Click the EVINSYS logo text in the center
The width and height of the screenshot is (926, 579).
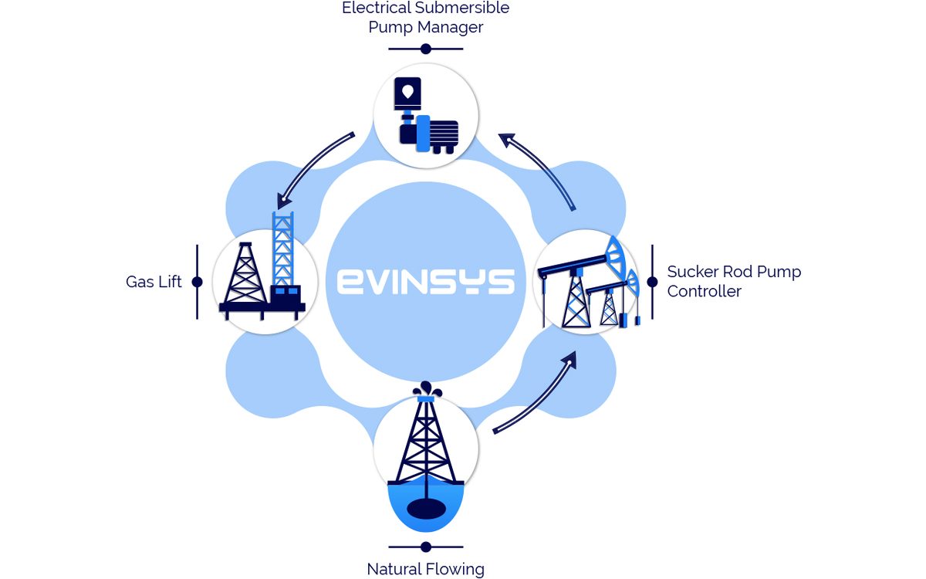426,282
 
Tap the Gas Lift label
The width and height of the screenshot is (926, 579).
154,282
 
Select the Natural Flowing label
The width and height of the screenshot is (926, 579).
425,569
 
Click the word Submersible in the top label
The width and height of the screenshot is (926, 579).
462,8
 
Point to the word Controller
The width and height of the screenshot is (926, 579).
704,291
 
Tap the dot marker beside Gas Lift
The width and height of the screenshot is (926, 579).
198,282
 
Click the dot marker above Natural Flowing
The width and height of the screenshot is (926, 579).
426,547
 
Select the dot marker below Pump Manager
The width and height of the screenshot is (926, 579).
426,49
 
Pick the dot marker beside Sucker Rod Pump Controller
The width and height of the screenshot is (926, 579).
652,282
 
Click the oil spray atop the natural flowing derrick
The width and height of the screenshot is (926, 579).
427,389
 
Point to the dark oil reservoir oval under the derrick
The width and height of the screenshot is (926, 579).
426,508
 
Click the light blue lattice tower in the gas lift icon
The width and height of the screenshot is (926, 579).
282,248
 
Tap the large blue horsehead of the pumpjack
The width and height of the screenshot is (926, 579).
615,256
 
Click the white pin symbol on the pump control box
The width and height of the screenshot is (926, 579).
407,92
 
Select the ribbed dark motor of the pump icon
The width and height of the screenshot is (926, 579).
443,133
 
